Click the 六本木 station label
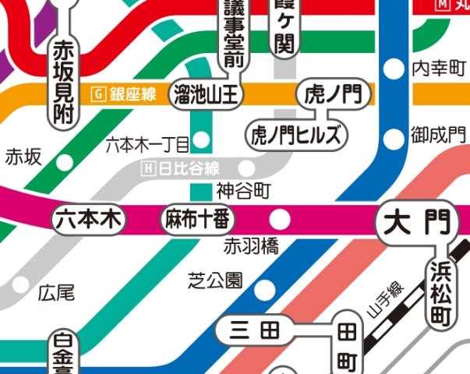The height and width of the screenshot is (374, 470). click(x=89, y=220)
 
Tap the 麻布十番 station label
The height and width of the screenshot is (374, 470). click(x=196, y=220)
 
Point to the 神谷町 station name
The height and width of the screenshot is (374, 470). click(x=243, y=189)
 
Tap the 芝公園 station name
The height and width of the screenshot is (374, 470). click(x=216, y=280)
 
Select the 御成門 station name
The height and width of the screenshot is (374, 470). click(x=437, y=136)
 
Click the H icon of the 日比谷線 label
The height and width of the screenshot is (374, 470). click(x=149, y=169)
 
